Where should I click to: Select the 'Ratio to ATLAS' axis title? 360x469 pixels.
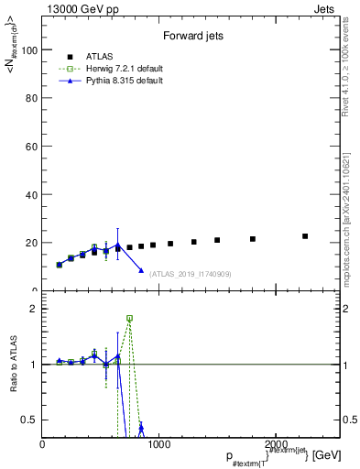[15, 364]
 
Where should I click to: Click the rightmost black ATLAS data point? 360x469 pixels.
[305, 236]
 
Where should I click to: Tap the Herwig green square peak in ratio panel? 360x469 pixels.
[129, 318]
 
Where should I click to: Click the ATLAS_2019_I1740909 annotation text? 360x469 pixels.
[191, 273]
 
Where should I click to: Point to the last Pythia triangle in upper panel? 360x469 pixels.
[141, 270]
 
